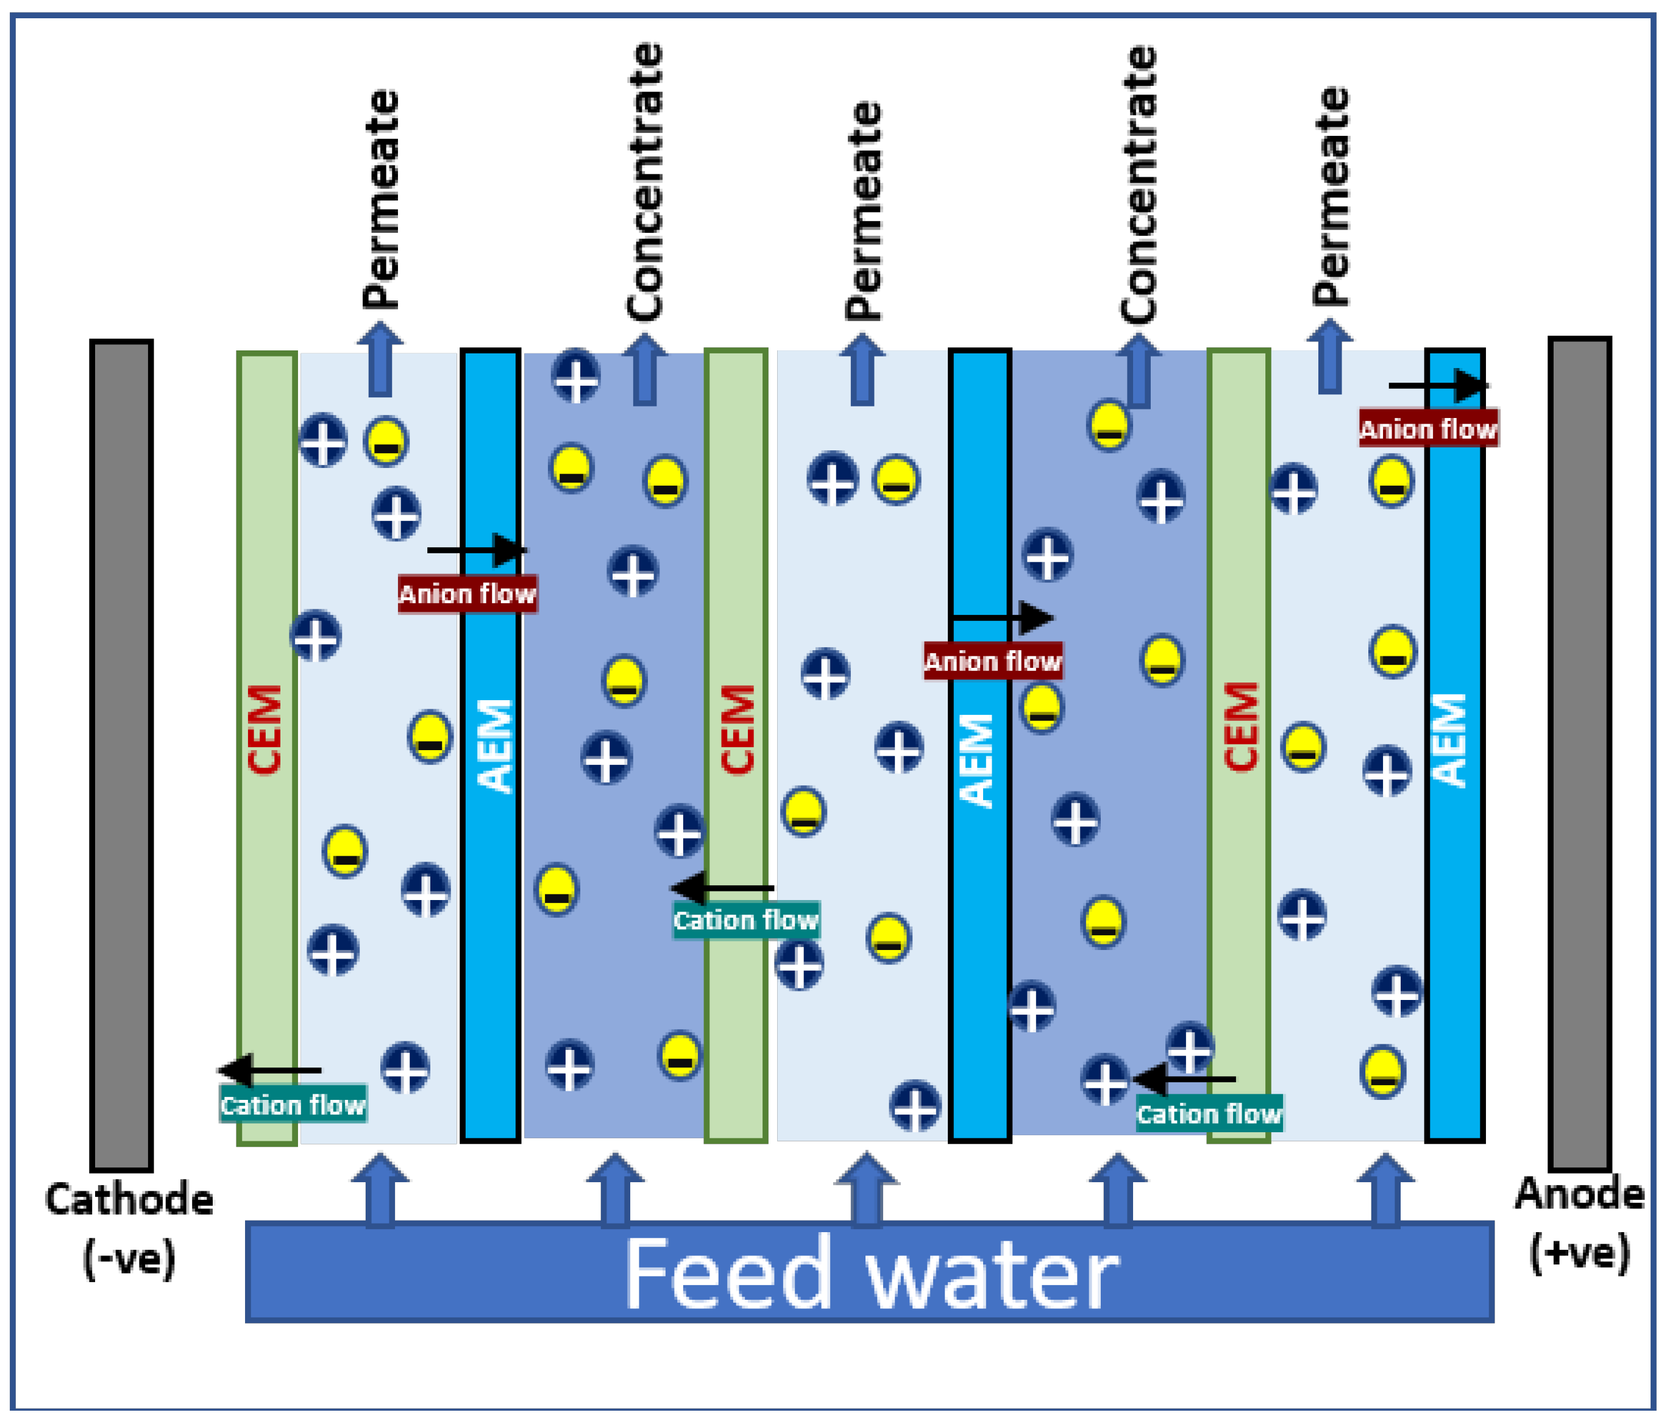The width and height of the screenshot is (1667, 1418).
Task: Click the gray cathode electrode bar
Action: click(x=121, y=756)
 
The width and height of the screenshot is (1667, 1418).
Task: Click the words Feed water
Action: click(x=870, y=1274)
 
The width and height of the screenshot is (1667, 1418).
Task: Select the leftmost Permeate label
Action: click(x=380, y=199)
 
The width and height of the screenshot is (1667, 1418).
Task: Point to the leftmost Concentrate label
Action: click(x=644, y=183)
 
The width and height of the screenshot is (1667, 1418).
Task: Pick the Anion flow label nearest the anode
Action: click(x=1427, y=428)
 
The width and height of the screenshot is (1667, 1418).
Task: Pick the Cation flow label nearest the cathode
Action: click(x=293, y=1105)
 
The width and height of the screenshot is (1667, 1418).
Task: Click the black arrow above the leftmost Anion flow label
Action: click(x=476, y=550)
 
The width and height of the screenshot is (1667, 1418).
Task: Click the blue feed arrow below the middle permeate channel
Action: click(x=865, y=1189)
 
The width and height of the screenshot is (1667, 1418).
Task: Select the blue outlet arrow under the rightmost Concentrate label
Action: click(x=1137, y=371)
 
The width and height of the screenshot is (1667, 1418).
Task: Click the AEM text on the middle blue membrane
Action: click(x=978, y=760)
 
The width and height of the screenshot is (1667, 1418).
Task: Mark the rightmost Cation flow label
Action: click(x=1209, y=1113)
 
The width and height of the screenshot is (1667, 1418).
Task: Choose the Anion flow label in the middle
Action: click(x=992, y=661)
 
